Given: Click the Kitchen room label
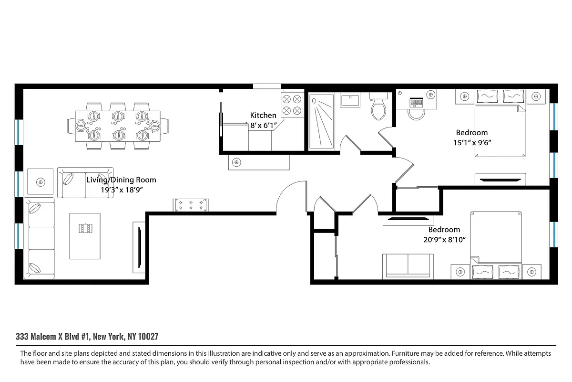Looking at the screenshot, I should click(x=263, y=115).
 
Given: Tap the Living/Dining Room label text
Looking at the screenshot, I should click(x=121, y=180).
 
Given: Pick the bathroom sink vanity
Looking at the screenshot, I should click(x=352, y=101).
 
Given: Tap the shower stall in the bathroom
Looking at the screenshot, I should click(x=322, y=120).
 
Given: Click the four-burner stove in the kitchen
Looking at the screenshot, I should click(x=292, y=105).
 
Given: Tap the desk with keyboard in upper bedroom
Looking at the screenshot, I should click(x=416, y=101).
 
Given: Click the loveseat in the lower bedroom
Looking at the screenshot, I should click(x=408, y=265).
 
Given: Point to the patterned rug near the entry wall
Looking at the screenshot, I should click(x=191, y=205).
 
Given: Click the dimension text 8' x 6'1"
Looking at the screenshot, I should click(x=263, y=126).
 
